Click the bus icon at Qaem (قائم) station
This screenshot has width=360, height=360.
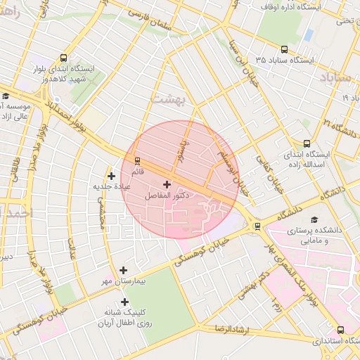point(137,160)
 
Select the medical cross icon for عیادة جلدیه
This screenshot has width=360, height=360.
point(110,176)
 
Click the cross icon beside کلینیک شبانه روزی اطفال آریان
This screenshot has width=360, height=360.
point(124,302)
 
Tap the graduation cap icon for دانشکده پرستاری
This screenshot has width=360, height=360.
point(314,220)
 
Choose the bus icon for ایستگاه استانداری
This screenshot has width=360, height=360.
point(340,329)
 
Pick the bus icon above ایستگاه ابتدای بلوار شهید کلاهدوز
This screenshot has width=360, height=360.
point(64,58)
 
